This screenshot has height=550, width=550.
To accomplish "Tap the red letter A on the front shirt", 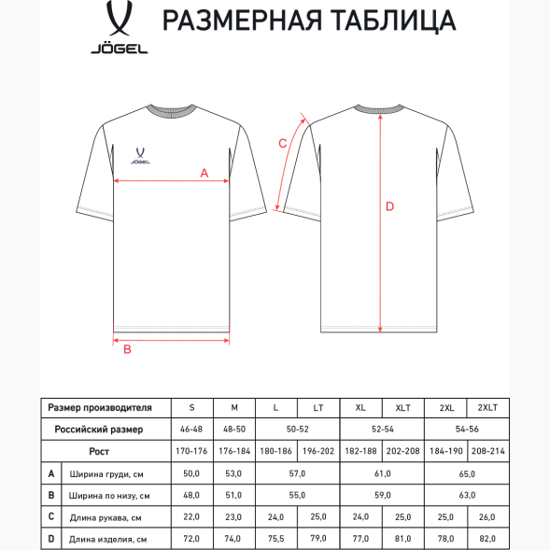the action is [x=204, y=173].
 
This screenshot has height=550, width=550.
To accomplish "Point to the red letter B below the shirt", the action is [x=128, y=350].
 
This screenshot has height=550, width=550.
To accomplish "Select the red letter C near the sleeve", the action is [x=283, y=143].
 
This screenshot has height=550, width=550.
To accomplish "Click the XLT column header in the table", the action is [x=403, y=408].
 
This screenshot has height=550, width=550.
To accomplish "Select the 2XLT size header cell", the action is [x=487, y=408].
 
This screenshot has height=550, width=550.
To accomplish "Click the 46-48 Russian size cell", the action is [x=192, y=429].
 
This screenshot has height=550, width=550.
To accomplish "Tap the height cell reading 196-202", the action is [x=318, y=451].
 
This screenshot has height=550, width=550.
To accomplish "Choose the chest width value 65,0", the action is [x=466, y=473].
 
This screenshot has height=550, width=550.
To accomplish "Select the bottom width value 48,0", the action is [x=192, y=495].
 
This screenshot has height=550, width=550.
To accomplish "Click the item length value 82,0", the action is [x=487, y=539].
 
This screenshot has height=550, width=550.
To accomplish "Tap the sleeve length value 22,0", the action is [x=192, y=516].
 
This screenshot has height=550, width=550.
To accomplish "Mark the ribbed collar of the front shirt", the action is [x=172, y=108].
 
